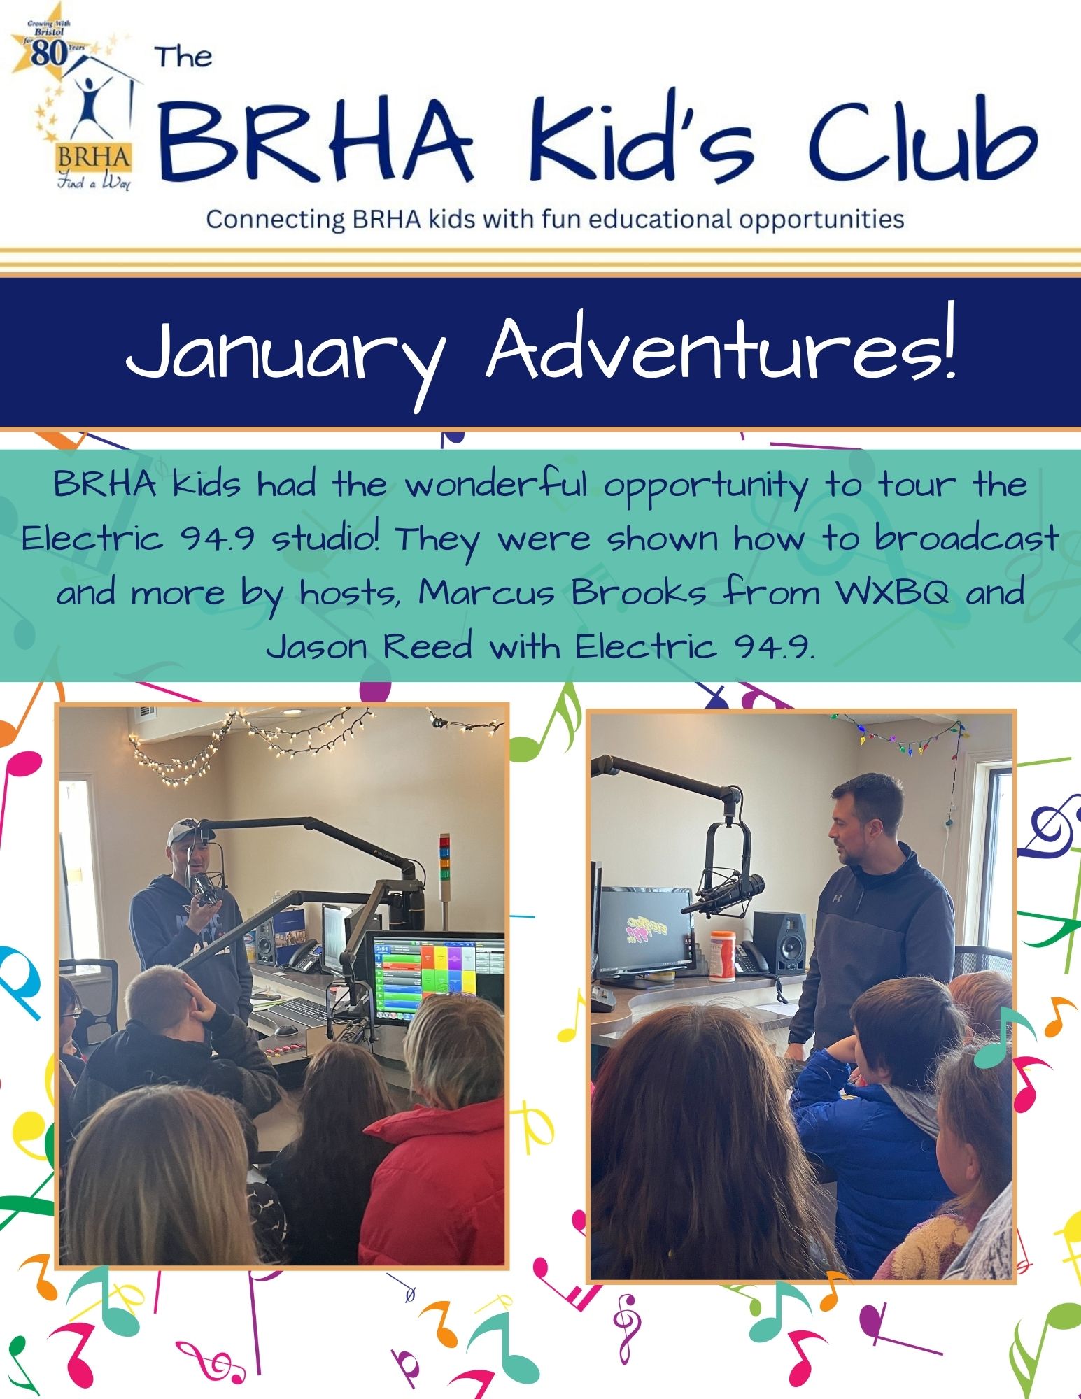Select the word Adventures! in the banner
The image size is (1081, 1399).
(721, 346)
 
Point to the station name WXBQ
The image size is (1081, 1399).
(893, 593)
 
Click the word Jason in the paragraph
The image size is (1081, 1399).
(316, 646)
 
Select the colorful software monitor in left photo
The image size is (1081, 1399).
(435, 977)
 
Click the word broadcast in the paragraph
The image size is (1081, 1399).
(966, 539)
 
